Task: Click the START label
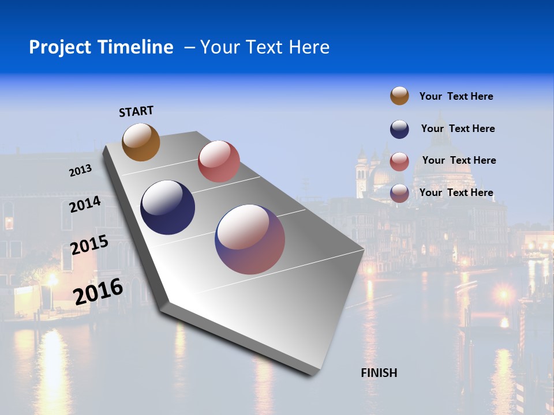(x=136, y=111)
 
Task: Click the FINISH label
(x=379, y=373)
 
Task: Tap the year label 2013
(x=80, y=171)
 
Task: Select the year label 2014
(x=85, y=204)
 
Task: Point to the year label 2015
(x=89, y=245)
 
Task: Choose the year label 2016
(x=98, y=291)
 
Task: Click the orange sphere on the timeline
(x=141, y=142)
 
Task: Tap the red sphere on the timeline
(x=219, y=161)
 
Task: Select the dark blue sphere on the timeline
(x=168, y=207)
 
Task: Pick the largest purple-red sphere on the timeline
(x=250, y=239)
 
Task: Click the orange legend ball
(x=399, y=96)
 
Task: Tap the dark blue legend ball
(x=399, y=129)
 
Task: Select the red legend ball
(x=399, y=161)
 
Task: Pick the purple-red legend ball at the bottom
(x=399, y=193)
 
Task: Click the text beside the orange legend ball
(x=456, y=96)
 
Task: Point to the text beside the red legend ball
(x=459, y=160)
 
